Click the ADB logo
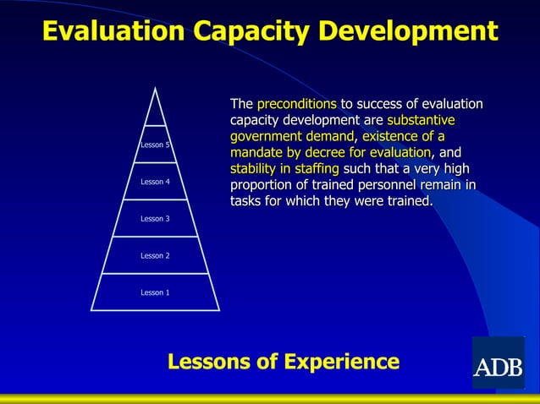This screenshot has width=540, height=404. (498, 363)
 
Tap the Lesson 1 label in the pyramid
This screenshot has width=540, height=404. (155, 292)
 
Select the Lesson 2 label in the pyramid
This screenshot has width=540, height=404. (155, 255)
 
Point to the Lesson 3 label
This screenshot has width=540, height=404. (155, 219)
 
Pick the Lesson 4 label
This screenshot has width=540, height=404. (155, 182)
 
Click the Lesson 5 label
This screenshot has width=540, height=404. (155, 145)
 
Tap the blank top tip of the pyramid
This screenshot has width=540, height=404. (155, 110)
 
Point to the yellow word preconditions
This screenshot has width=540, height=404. (296, 104)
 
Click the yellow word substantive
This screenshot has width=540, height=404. (421, 120)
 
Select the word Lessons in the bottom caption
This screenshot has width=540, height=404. (211, 362)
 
